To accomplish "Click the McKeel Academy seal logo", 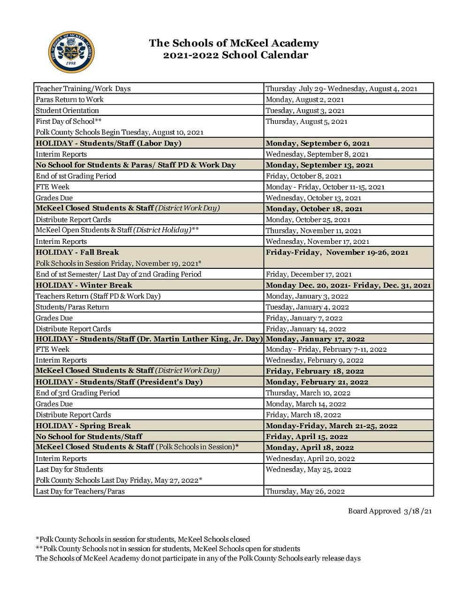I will click(x=71, y=52).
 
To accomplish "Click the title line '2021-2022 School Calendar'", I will click(x=235, y=55).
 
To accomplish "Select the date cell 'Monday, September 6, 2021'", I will click(x=318, y=144).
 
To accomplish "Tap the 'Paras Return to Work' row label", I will click(x=69, y=99).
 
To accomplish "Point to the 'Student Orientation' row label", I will click(x=67, y=111).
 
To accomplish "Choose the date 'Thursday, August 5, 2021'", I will click(x=306, y=121).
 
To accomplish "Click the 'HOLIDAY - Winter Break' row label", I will click(x=84, y=285).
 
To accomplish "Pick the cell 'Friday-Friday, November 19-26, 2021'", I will click(x=337, y=252).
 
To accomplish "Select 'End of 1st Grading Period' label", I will click(x=76, y=176).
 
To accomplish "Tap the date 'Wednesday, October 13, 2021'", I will click(x=313, y=198).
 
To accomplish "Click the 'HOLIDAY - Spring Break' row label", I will click(x=83, y=426).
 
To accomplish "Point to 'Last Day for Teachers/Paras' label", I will click(x=80, y=492).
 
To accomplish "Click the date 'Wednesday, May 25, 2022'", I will click(x=308, y=470).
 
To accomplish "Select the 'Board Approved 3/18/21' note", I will click(x=389, y=511).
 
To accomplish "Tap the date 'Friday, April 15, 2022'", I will click(x=307, y=437).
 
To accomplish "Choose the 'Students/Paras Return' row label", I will click(x=72, y=307).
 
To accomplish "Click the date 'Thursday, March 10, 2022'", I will click(x=308, y=393).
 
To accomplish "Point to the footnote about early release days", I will click(x=198, y=558).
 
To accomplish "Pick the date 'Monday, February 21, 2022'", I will click(x=317, y=382).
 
